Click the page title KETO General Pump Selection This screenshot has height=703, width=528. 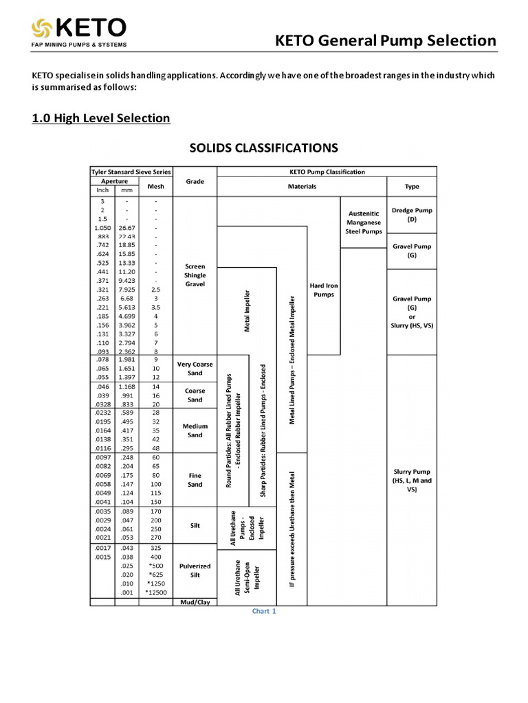[386, 41]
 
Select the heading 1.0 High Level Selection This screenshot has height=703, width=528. [101, 118]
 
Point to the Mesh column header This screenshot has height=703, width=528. [155, 186]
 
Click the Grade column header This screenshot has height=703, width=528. [195, 182]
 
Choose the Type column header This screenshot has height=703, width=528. [412, 186]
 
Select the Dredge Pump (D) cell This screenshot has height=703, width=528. [412, 215]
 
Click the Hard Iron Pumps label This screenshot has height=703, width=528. [323, 289]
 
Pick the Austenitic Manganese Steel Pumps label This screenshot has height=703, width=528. [363, 222]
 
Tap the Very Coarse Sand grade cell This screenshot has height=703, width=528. [195, 369]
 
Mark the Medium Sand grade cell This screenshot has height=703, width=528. [195, 430]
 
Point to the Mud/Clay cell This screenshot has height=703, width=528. [195, 601]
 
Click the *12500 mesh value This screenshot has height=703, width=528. [155, 592]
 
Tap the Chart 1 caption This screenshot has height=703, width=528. [264, 611]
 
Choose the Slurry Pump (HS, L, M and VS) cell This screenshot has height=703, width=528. [412, 481]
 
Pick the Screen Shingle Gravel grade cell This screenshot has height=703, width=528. [195, 275]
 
